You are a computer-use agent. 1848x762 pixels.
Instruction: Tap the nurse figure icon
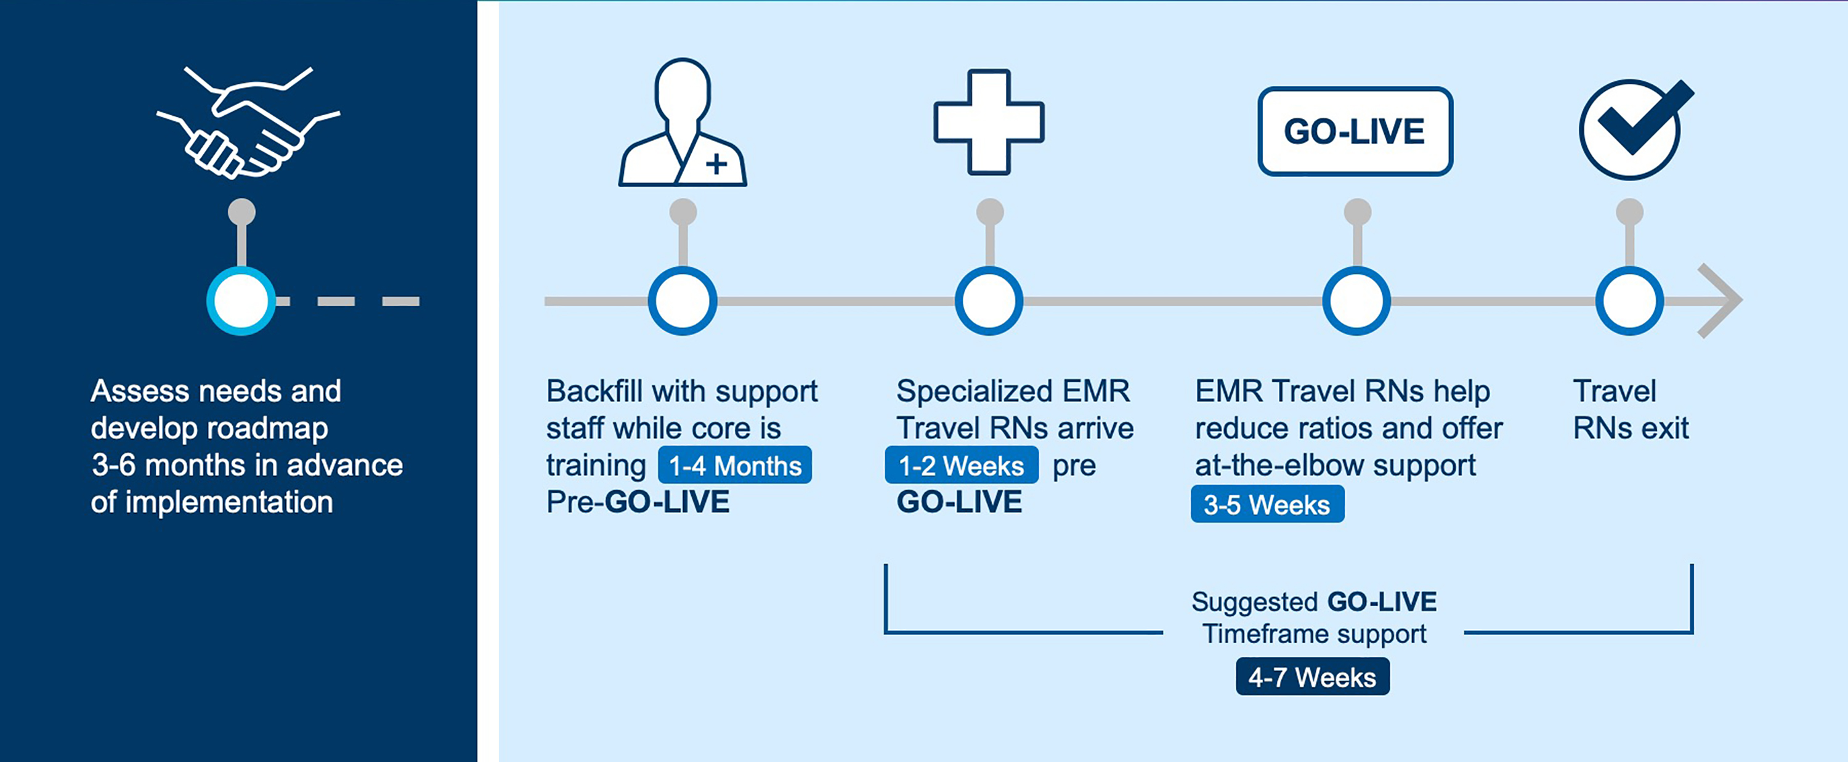(x=683, y=123)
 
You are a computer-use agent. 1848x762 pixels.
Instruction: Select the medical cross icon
(x=989, y=122)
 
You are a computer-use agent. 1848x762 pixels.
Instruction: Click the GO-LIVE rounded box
(x=1355, y=131)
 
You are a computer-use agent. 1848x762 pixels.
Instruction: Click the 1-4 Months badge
(x=735, y=465)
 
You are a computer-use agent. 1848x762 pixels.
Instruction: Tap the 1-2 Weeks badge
(x=962, y=465)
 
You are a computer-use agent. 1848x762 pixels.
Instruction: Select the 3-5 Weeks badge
(x=1268, y=504)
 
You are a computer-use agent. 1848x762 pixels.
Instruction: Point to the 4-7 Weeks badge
(x=1313, y=676)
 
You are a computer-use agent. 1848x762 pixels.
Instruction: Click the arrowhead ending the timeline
(x=1729, y=301)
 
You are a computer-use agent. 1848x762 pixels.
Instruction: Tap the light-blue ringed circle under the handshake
(x=241, y=301)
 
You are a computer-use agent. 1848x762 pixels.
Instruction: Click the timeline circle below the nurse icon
(x=683, y=301)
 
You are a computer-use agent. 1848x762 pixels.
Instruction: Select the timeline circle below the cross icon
(x=989, y=301)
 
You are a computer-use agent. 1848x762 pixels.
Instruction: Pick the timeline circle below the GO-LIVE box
(x=1356, y=301)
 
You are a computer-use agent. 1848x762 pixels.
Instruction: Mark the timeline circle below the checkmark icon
(x=1630, y=301)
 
